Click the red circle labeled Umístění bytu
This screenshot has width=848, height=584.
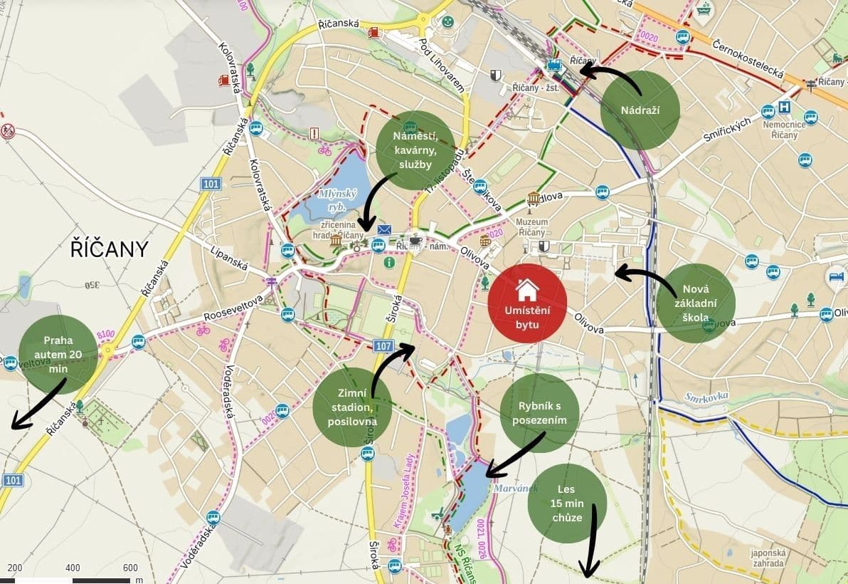527,303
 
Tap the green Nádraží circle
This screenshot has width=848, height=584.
640,110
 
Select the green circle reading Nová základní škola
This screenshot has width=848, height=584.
695,303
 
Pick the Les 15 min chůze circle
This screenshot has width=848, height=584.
567,504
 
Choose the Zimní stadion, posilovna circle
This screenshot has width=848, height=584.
352,407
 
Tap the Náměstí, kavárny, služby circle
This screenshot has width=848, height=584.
415,150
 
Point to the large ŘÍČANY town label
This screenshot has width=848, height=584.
110,249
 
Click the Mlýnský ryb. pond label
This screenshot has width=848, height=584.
332,199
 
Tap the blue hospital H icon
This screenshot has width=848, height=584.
785,107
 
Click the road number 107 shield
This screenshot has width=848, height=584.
382,346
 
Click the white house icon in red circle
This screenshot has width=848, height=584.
527,289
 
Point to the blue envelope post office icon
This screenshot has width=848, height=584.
385,229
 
